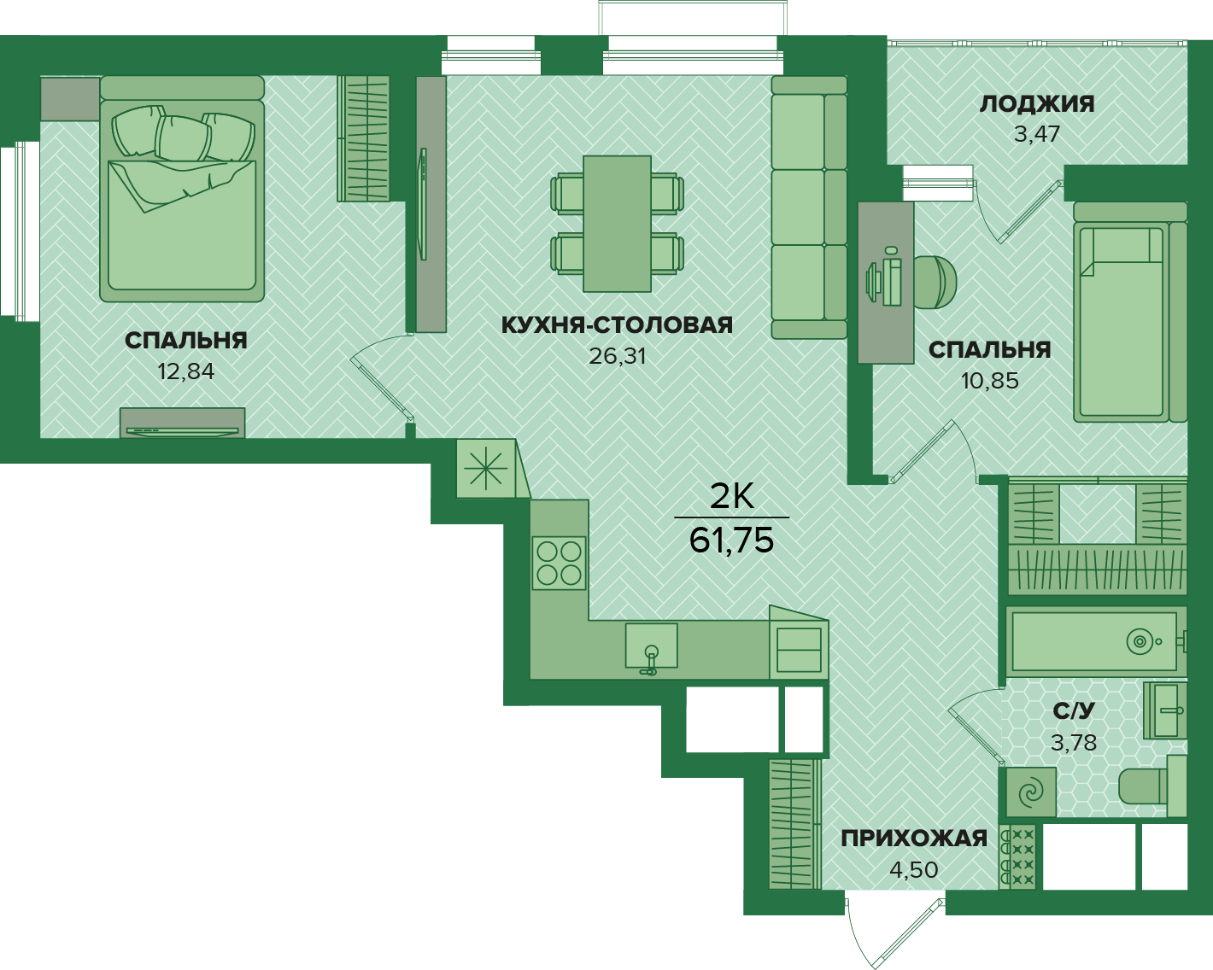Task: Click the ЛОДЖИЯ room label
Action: click(x=1036, y=104)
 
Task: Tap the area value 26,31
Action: click(x=618, y=356)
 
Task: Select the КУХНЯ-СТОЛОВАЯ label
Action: click(x=618, y=325)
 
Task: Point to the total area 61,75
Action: click(x=731, y=541)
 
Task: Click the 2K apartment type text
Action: click(x=731, y=497)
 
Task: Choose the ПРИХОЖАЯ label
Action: click(x=914, y=839)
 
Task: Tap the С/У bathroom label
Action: click(x=1073, y=711)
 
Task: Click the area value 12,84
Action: click(x=186, y=371)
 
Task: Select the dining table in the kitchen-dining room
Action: click(x=618, y=224)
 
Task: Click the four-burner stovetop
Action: click(x=559, y=563)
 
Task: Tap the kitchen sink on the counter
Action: click(x=652, y=646)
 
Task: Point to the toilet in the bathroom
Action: click(x=1151, y=786)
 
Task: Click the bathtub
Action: click(x=1096, y=641)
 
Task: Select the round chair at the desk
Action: click(x=935, y=282)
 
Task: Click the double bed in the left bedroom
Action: click(x=182, y=189)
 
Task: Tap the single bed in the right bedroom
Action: click(x=1130, y=312)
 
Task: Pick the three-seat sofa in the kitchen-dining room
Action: click(x=809, y=207)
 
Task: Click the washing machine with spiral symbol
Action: click(x=1031, y=792)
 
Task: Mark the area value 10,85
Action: click(x=990, y=381)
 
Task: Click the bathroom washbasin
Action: click(x=1165, y=710)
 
